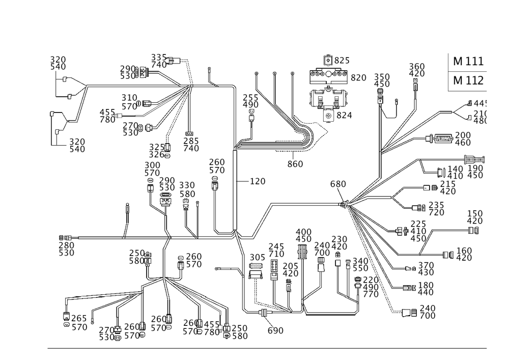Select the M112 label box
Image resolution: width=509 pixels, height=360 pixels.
click(x=469, y=81)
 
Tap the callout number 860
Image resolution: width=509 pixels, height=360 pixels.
click(x=295, y=164)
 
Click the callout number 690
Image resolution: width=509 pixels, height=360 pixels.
click(x=275, y=330)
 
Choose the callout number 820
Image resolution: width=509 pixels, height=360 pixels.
click(x=358, y=78)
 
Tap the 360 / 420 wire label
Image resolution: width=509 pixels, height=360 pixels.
click(x=417, y=69)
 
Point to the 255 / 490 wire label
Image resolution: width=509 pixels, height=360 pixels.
click(x=251, y=100)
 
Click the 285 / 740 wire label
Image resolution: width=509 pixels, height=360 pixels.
click(x=191, y=145)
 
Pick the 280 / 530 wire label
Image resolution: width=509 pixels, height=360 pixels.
click(x=67, y=249)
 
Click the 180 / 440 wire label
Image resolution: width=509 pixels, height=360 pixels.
click(x=426, y=289)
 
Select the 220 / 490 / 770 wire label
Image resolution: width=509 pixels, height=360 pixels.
click(x=370, y=287)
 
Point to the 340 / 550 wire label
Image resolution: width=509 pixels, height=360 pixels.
click(x=361, y=264)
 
